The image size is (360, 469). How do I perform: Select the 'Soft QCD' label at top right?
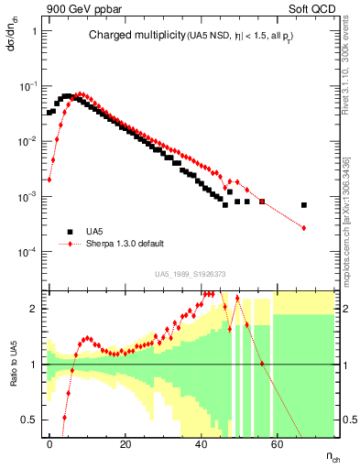point(314,8)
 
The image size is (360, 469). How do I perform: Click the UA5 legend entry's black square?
point(67,232)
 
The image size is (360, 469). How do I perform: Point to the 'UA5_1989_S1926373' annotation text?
point(190,274)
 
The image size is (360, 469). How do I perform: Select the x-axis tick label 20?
point(125,442)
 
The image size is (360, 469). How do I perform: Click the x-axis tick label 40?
point(202,442)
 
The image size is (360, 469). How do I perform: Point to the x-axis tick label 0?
point(49,442)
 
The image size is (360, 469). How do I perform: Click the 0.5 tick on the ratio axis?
point(30,420)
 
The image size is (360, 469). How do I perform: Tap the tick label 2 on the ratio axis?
point(34,309)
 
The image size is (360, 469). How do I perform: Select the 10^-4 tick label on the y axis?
point(27,252)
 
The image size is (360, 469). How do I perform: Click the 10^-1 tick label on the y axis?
point(27,86)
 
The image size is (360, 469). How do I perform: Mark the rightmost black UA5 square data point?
point(304,205)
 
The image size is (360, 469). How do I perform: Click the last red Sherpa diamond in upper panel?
point(304,227)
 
